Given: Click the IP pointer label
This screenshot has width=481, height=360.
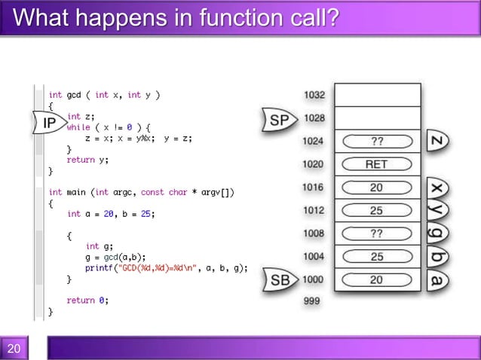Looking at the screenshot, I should pos(49,123).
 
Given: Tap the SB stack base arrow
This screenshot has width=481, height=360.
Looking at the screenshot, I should pos(280,281).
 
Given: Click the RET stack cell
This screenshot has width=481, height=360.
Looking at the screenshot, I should pos(376,164).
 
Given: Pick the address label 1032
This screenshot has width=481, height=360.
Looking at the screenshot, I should pos(314,95).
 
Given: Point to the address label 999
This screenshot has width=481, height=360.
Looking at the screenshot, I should pos(311,301).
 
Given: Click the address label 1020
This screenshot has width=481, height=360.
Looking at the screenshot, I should pos(314,164).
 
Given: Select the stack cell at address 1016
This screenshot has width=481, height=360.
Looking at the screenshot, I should pos(376,188).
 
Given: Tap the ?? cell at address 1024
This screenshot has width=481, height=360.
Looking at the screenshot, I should pos(376,141).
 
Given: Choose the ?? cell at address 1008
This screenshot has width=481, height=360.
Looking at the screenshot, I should pos(376,234).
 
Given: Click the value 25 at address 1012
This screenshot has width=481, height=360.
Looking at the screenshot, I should pos(376,211).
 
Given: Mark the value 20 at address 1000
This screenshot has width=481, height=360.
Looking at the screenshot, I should pos(376,280).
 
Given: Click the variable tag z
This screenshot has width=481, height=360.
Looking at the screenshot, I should pos(438,141).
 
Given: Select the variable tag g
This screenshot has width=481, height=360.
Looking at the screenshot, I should pos(438,234).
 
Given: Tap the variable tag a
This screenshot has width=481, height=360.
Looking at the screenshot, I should pos(438,281).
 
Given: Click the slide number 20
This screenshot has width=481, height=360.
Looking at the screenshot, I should pos(14,348).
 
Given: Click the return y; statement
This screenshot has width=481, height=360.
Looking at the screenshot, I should pos(87,160).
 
